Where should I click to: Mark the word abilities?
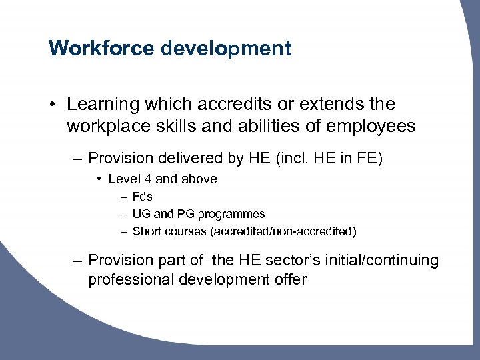click(264, 125)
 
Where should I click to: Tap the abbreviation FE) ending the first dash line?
click(367, 159)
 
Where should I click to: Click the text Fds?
click(143, 197)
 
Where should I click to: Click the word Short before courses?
click(147, 231)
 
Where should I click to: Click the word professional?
click(131, 279)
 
